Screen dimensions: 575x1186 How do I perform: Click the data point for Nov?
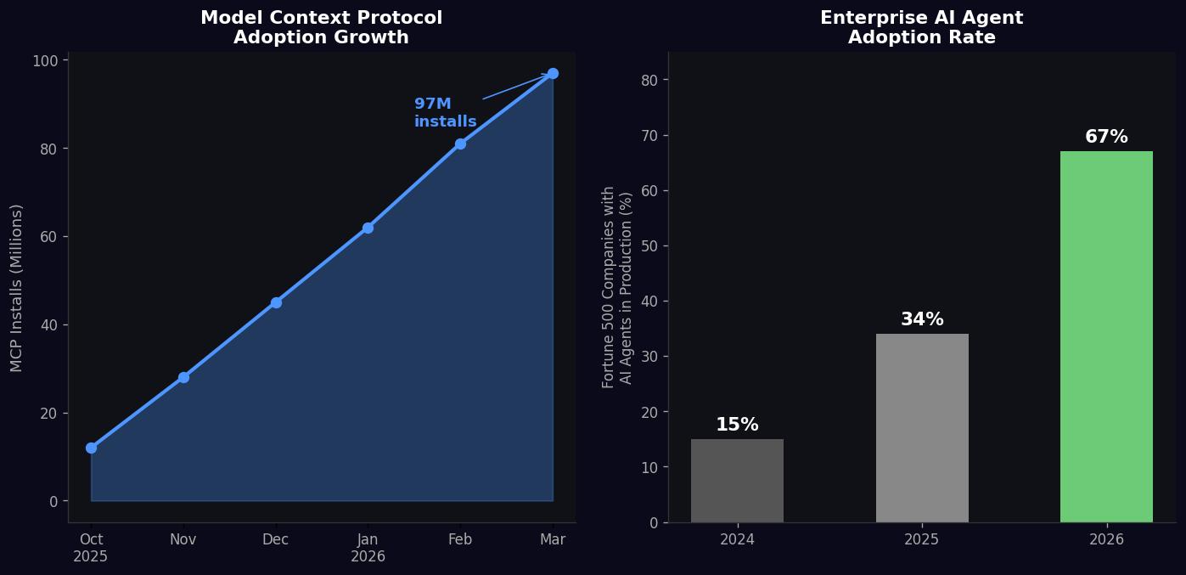[x=183, y=377]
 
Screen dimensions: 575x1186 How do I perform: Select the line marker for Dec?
[x=276, y=302]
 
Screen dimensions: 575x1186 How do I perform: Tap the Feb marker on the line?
[x=460, y=144]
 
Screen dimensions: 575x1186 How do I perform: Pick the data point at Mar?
[x=553, y=73]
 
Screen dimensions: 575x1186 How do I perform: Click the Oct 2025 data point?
[x=91, y=448]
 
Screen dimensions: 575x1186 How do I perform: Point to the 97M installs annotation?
[x=445, y=113]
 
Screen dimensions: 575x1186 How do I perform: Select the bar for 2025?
[x=922, y=428]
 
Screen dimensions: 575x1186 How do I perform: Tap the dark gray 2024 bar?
[x=737, y=481]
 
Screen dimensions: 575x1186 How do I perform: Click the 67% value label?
[x=1106, y=137]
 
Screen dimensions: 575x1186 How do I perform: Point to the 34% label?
[x=922, y=319]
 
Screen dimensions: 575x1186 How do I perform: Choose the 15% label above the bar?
[x=737, y=425]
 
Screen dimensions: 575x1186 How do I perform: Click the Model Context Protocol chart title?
[x=321, y=27]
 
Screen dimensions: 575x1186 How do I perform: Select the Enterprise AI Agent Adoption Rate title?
[x=921, y=27]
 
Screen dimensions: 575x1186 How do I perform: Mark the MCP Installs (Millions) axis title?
[x=17, y=287]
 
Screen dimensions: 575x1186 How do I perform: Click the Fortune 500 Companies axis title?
[x=617, y=287]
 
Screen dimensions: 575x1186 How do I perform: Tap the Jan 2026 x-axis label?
[x=368, y=548]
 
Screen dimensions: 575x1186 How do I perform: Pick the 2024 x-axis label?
[x=737, y=539]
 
